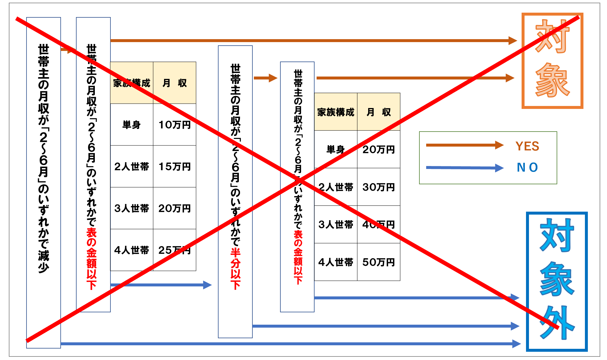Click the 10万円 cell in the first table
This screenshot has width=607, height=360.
click(x=175, y=125)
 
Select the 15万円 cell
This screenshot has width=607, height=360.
click(x=175, y=167)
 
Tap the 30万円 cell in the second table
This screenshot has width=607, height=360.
click(x=378, y=187)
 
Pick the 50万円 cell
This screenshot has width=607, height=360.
click(x=378, y=262)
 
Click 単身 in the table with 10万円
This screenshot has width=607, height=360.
click(x=131, y=125)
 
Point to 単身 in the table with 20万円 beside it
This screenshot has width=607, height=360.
click(x=335, y=150)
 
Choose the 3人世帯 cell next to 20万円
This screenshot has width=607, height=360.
click(x=131, y=208)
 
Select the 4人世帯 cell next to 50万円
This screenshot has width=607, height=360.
click(x=335, y=262)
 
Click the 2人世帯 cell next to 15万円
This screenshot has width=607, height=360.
click(x=131, y=167)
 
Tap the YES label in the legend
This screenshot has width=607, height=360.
click(x=527, y=146)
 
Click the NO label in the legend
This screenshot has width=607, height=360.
click(x=527, y=167)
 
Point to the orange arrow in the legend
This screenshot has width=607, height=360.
click(x=464, y=145)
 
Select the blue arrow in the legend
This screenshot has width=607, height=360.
click(x=464, y=168)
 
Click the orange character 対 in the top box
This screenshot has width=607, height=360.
click(x=552, y=37)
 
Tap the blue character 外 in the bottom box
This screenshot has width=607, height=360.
click(x=557, y=322)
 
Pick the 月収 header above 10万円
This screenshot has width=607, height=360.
click(x=175, y=83)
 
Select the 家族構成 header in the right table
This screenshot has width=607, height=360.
click(x=335, y=112)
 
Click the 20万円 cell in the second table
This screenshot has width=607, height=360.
click(x=378, y=150)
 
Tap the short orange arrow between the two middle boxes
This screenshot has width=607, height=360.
click(x=265, y=78)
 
